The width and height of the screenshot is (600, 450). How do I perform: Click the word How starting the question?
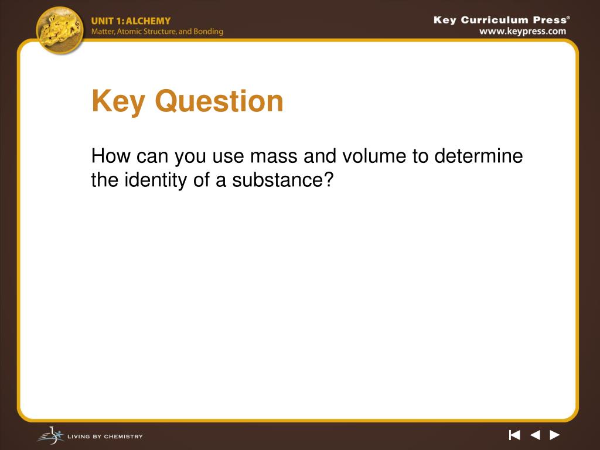click(x=111, y=157)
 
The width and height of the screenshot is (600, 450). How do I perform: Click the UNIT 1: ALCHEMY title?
click(x=131, y=21)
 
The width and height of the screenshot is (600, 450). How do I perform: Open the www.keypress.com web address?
click(x=523, y=32)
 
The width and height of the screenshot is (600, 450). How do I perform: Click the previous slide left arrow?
click(x=535, y=435)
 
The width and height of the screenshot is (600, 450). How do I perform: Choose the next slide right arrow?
click(x=555, y=435)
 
